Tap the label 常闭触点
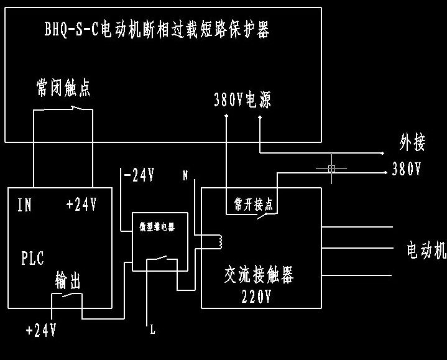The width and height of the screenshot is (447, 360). [63, 88]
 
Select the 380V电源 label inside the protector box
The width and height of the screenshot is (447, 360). [242, 100]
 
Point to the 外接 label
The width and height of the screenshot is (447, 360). [412, 144]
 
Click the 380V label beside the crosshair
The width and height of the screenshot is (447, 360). [407, 169]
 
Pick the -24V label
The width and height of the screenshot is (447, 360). [139, 176]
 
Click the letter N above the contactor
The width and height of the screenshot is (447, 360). [185, 176]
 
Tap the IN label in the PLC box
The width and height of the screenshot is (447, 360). [24, 206]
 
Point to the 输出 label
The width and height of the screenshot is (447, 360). [68, 281]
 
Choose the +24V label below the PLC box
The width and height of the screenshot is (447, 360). [41, 330]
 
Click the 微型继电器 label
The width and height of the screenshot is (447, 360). [156, 227]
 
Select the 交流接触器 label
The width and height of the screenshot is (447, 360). [259, 274]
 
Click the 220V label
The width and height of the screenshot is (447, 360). [256, 297]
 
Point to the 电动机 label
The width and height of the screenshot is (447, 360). [426, 251]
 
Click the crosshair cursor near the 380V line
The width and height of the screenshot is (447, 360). [331, 168]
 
